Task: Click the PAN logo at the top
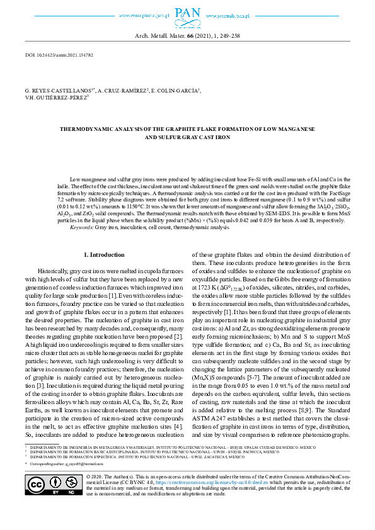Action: [187, 13]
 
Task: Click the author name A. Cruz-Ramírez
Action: [123, 91]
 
